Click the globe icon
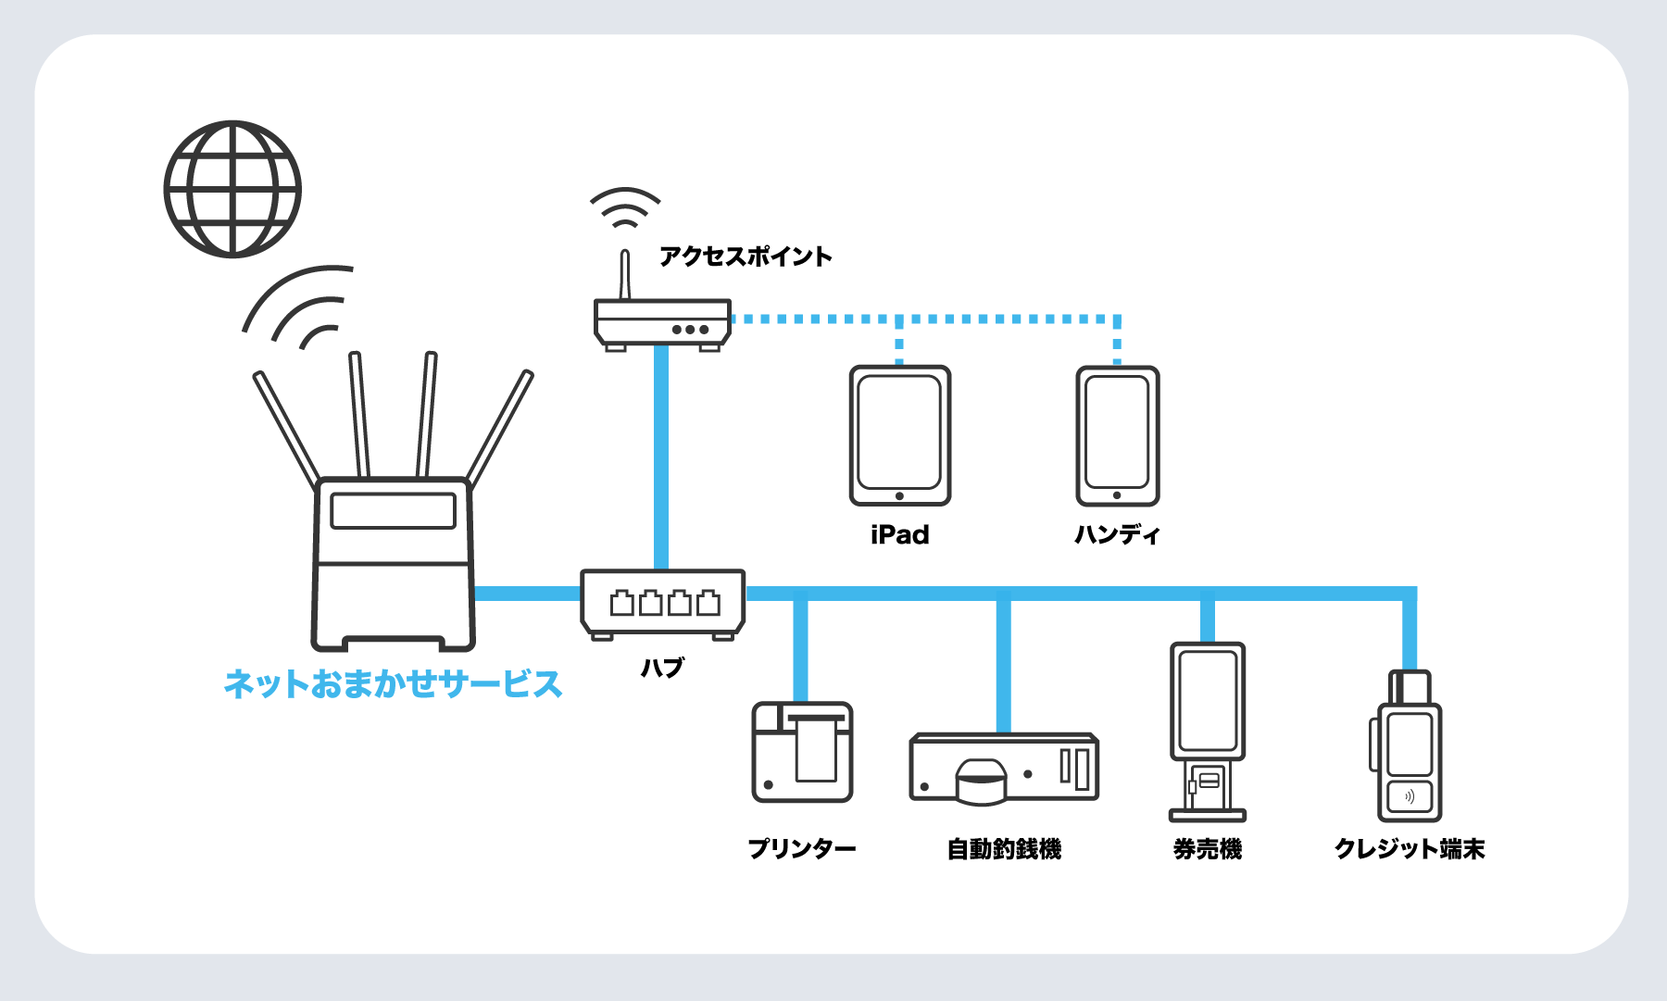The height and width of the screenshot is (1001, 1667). point(232,189)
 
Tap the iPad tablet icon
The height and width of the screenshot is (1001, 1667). point(900,435)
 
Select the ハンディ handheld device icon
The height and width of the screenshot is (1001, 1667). point(1117,435)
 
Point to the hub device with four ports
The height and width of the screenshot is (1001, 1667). point(662,603)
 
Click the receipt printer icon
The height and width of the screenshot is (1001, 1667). point(802,752)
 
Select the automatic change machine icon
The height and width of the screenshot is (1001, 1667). point(1004,768)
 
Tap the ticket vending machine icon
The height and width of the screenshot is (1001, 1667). point(1207,732)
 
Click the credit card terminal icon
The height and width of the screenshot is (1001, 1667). point(1409,750)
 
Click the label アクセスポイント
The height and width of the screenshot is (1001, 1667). point(746,257)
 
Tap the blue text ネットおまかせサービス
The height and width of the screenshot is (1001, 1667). point(393,684)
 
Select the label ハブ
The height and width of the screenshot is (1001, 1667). point(662,667)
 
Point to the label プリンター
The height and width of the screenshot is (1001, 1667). point(802,848)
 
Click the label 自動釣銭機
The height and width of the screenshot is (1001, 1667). point(1004,848)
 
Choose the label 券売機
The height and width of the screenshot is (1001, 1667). point(1207,848)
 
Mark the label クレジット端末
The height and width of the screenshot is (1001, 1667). point(1409,848)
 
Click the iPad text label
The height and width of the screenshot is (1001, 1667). point(900,534)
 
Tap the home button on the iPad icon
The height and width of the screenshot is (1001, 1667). point(899,496)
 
